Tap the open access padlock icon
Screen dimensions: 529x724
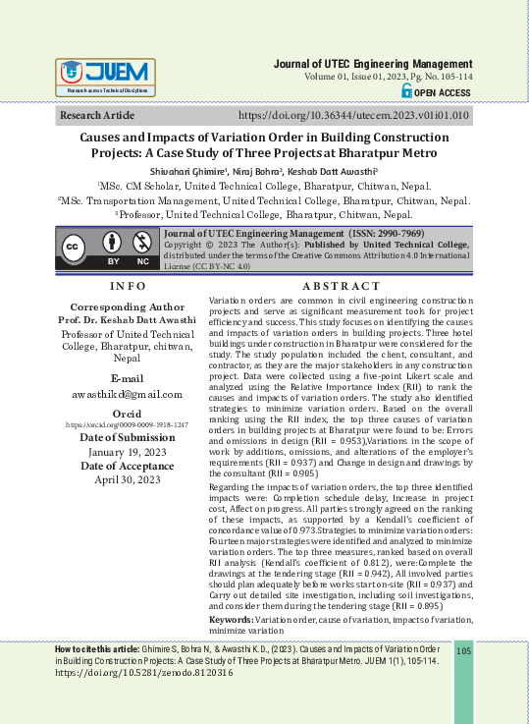pyautogui.click(x=408, y=90)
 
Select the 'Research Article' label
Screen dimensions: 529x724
pyautogui.click(x=99, y=116)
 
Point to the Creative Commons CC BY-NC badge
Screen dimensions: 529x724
pyautogui.click(x=107, y=251)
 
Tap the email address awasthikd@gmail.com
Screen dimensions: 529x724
pyautogui.click(x=128, y=394)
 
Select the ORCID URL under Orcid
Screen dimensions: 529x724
pyautogui.click(x=128, y=423)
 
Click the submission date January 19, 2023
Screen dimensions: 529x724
pyautogui.click(x=128, y=451)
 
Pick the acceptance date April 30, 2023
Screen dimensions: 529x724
pyautogui.click(x=128, y=479)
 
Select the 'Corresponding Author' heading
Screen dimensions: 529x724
pyautogui.click(x=128, y=306)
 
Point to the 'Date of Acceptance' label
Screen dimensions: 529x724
pyautogui.click(x=128, y=466)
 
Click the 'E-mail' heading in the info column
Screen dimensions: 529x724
pyautogui.click(x=128, y=378)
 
